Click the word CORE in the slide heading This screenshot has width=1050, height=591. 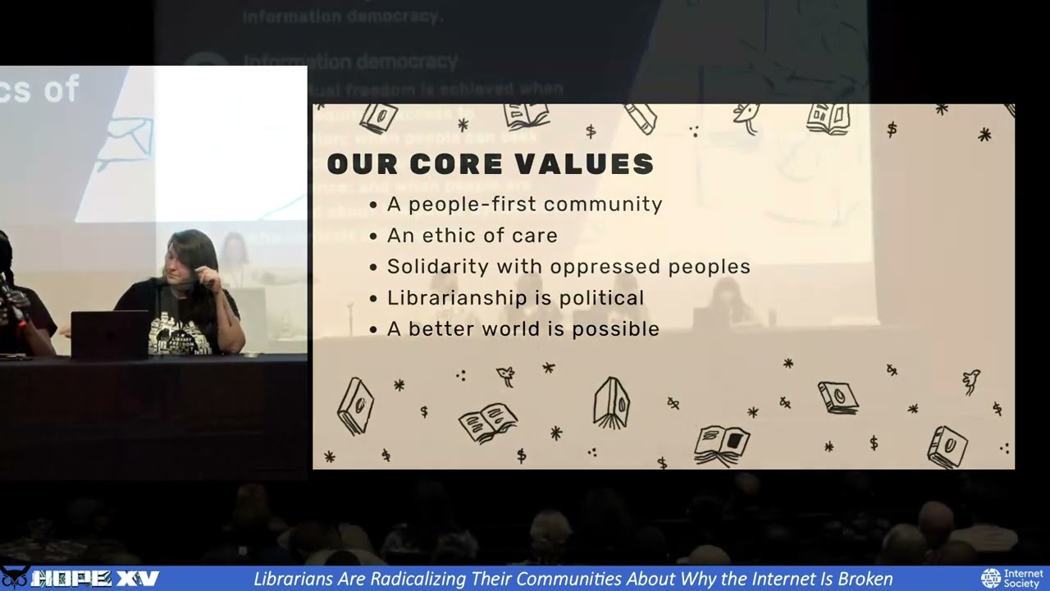tap(448, 164)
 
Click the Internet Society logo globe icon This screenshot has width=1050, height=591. tap(991, 579)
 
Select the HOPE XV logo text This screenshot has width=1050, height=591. tap(94, 579)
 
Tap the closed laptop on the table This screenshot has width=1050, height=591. tap(110, 334)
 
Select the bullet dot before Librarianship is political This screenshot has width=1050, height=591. tap(374, 299)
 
